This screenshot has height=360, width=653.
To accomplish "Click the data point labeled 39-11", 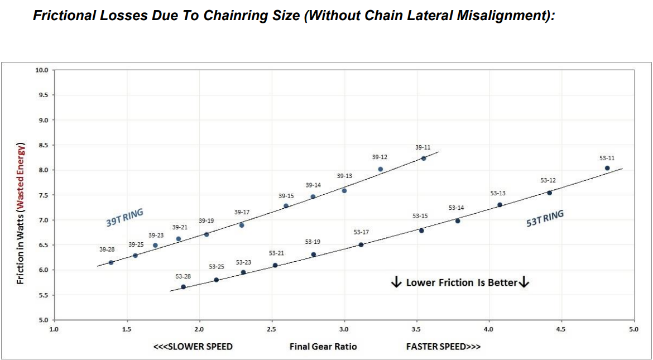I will (424, 158).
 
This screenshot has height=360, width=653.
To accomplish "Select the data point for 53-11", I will (607, 168).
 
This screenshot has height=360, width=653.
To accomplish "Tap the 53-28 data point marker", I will (183, 287).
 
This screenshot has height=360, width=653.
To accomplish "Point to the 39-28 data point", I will (111, 262).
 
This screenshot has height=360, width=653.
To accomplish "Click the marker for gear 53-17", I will (361, 244).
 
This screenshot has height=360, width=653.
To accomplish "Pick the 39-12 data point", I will (380, 169).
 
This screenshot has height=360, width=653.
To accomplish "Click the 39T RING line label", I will (124, 218).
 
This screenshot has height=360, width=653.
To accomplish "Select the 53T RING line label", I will (545, 218).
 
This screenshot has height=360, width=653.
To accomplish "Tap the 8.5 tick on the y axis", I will (42, 145).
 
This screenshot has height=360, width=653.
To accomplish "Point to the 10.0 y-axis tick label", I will (42, 70).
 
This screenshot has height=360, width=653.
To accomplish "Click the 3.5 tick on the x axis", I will (416, 329).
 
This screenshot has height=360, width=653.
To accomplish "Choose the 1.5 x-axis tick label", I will (127, 329).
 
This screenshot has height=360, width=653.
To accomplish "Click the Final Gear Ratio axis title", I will (323, 347).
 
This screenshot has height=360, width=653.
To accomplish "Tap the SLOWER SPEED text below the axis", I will (193, 347).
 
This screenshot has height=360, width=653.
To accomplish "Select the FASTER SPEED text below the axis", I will (443, 347).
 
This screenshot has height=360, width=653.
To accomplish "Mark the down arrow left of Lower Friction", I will (396, 282).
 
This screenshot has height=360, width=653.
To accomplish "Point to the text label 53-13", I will (498, 193).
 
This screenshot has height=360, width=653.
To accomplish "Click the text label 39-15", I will (286, 196).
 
